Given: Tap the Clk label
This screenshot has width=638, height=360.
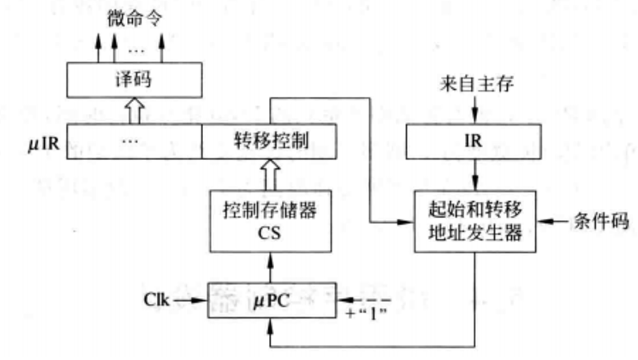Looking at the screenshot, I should [x=158, y=300].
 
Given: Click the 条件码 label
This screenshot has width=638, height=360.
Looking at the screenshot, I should [x=600, y=221].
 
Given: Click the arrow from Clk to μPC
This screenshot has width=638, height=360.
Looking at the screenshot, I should [x=191, y=301].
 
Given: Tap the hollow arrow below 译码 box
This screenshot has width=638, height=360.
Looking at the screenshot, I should [x=135, y=110].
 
